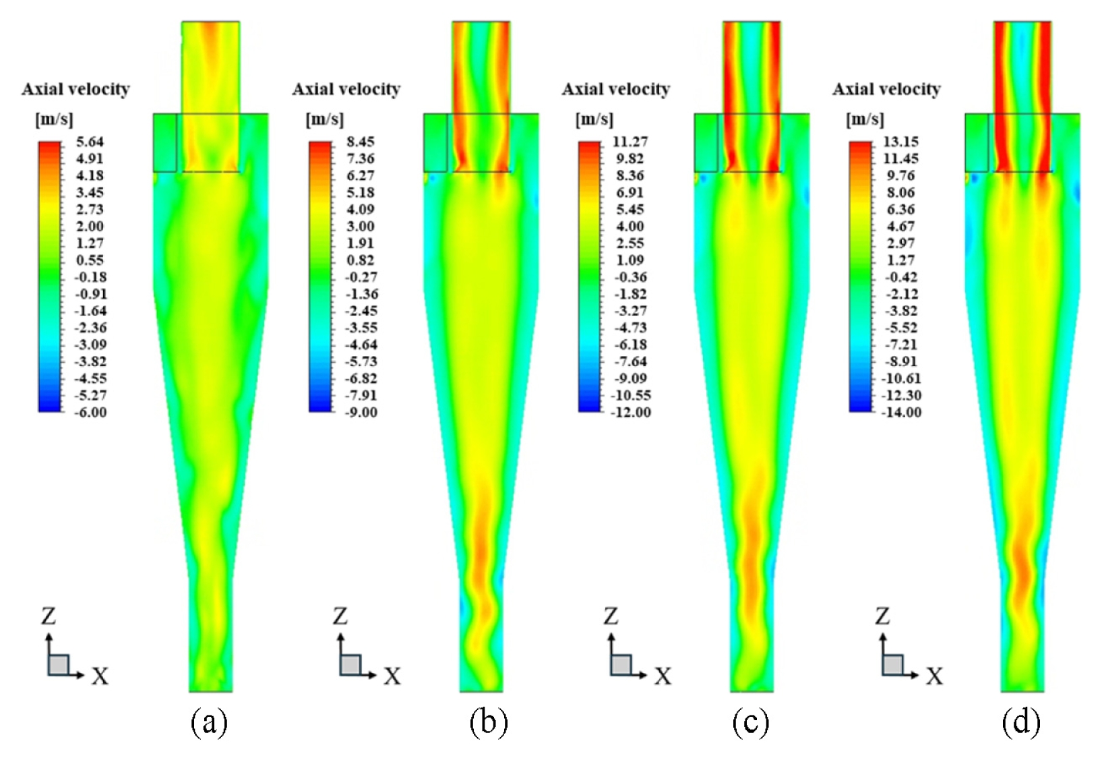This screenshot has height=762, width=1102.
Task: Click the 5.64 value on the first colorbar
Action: pos(90,142)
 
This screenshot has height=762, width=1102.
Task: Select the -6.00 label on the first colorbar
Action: pos(90,412)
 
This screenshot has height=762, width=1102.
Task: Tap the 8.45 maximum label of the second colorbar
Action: pos(361,142)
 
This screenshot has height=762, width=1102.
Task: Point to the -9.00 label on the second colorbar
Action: pos(361,412)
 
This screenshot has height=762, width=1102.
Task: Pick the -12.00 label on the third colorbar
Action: pos(631,412)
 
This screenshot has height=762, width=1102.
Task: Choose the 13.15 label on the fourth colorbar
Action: pos(901,142)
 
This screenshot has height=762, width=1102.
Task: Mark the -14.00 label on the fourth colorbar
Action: pos(901,412)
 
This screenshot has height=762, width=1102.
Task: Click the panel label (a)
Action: pos(210,723)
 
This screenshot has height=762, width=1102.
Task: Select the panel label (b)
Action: pos(488,723)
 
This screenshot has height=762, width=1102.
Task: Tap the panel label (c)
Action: pos(750,723)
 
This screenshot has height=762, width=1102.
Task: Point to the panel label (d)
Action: pos(1021,723)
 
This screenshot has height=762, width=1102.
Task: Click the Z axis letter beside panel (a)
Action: pos(49,616)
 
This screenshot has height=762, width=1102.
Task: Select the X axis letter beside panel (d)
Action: pos(934,676)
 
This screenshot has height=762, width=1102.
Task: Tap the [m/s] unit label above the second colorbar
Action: pos(325,119)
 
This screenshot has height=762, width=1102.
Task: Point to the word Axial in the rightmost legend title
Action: pos(853,89)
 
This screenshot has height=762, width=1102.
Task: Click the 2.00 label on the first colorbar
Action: pos(90,227)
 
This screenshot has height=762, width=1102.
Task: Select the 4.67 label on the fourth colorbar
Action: pos(901,227)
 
